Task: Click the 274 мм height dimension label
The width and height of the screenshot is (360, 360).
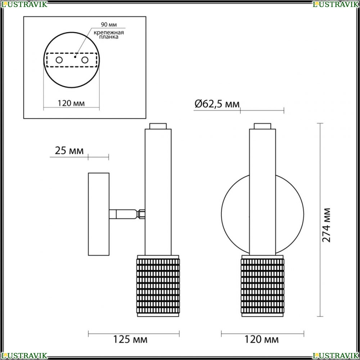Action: (x=326, y=225)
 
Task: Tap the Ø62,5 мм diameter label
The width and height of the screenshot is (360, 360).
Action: (x=217, y=104)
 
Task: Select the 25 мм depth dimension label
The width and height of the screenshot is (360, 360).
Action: (x=69, y=150)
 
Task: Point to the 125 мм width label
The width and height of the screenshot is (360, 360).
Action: (x=130, y=339)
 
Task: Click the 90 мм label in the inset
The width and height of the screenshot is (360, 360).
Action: (x=109, y=24)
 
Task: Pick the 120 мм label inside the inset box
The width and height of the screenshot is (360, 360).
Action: (x=71, y=103)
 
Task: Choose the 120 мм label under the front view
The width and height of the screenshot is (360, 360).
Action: (x=261, y=339)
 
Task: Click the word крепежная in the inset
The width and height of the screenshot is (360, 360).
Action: (x=109, y=32)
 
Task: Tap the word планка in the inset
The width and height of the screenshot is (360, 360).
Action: (x=109, y=37)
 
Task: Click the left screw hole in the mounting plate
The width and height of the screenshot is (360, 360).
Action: (x=59, y=60)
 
